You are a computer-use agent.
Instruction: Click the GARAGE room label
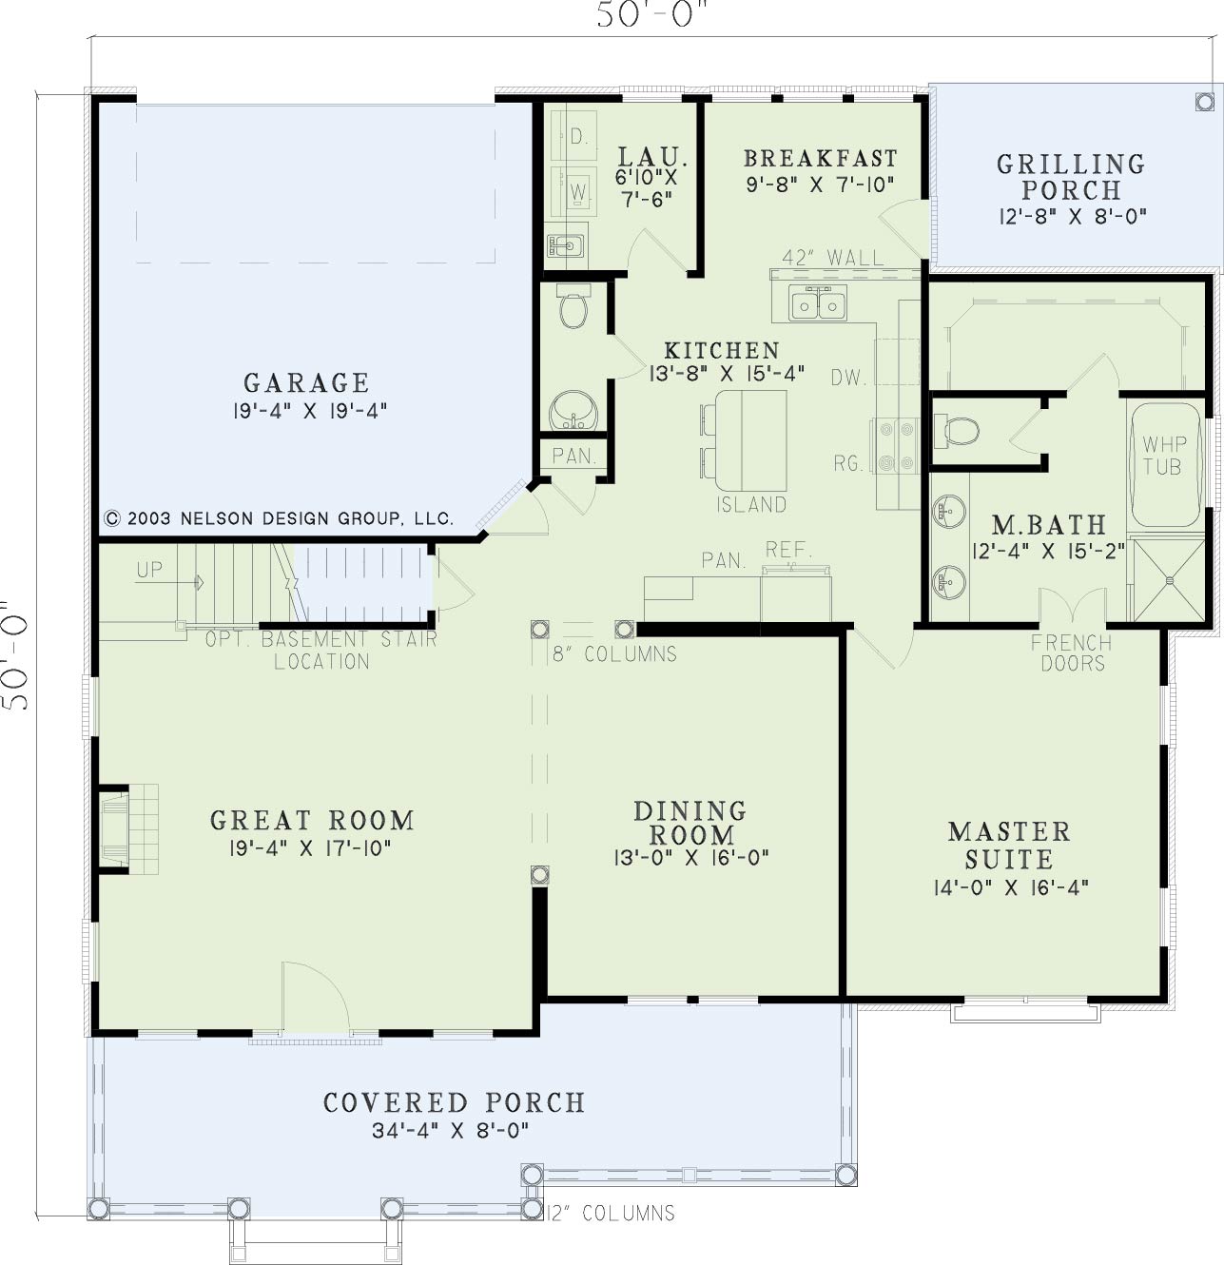(306, 383)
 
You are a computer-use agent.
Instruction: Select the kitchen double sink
(818, 302)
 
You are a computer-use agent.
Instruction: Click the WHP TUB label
(1164, 456)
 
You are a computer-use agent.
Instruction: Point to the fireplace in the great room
(128, 828)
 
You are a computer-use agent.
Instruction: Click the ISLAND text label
(751, 504)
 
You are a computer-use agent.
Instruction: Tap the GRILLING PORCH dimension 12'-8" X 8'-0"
(1073, 216)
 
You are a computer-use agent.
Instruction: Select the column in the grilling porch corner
(1204, 102)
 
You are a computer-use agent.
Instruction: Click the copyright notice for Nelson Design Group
(279, 518)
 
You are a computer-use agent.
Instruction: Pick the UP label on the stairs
(149, 570)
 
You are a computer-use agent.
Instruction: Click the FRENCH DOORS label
(1072, 652)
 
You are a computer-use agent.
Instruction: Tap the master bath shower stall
(1168, 580)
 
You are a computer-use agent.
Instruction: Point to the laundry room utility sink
(566, 245)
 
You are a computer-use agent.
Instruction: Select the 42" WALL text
(833, 258)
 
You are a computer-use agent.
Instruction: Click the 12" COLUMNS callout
(611, 1213)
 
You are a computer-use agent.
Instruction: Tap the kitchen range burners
(894, 445)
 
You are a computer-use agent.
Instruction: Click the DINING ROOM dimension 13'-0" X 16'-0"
(691, 857)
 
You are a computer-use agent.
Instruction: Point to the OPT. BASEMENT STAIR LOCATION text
(321, 650)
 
